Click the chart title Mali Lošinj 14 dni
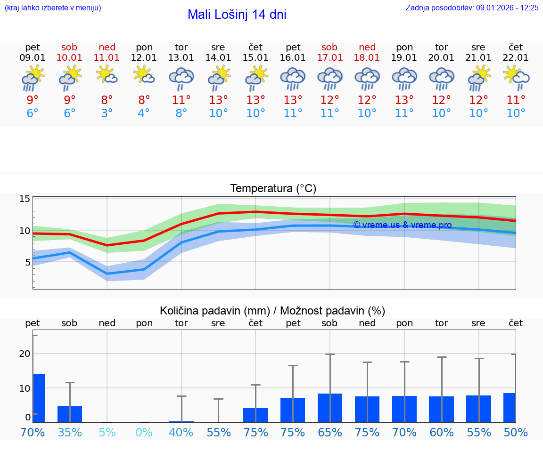point(237,15)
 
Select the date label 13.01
point(181,58)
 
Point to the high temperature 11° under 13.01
point(181,100)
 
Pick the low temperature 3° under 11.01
point(107,113)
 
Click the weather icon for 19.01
point(404,78)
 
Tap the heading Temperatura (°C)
point(273,189)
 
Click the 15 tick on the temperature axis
point(25,199)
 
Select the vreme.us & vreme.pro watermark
point(402,225)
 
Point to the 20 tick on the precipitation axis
point(25,354)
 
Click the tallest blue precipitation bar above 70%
point(39,398)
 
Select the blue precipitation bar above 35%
point(70,414)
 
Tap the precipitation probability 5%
point(107,433)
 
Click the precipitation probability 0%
point(144,433)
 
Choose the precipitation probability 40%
point(181,433)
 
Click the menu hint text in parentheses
point(53,8)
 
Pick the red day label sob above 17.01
point(329,47)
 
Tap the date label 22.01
point(516,58)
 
